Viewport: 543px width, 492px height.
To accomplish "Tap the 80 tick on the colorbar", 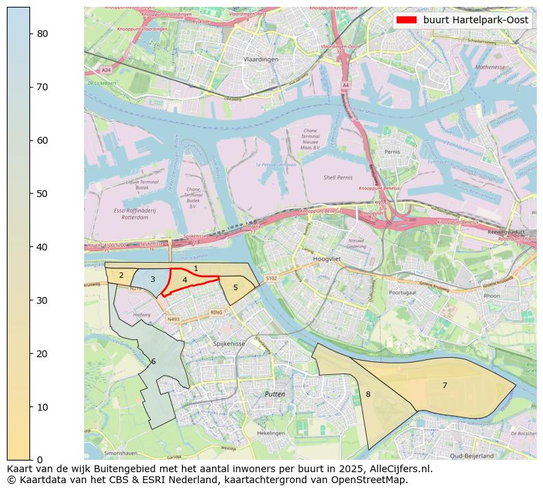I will (30, 34).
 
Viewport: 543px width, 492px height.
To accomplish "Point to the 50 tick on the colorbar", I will (30, 194).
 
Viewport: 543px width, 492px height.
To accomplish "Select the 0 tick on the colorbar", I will (30, 460).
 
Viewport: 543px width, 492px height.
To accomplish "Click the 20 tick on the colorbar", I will (30, 353).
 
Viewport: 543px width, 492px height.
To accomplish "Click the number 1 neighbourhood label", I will (196, 269).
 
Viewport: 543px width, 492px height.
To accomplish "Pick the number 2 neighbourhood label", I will (121, 276).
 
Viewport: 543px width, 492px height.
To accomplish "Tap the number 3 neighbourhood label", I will (153, 279).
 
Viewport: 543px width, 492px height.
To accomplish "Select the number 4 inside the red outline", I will (185, 280).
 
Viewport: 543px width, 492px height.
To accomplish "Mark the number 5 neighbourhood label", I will (235, 287).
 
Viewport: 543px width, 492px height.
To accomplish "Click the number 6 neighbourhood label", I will (153, 361).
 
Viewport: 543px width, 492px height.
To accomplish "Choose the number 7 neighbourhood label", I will (445, 385).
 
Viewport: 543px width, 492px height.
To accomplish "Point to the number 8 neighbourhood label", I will (368, 394).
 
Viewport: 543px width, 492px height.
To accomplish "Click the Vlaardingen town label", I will (261, 60).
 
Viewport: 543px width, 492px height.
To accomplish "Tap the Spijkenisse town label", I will (228, 344).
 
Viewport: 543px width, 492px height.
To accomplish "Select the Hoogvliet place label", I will (326, 260).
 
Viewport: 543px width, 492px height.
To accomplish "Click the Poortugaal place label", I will (402, 292).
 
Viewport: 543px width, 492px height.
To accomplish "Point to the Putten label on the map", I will (275, 395).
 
